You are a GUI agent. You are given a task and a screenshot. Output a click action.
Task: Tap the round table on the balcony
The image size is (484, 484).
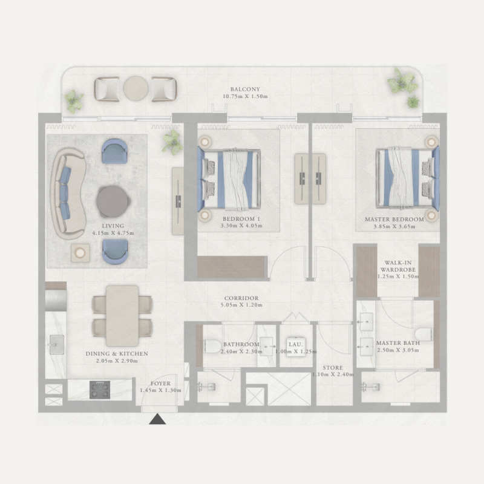136,89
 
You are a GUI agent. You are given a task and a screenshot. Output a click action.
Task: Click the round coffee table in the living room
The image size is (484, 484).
113,201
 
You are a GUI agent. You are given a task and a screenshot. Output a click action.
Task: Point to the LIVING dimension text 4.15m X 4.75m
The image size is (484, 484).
113,233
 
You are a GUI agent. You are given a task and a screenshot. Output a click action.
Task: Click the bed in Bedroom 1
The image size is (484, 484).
230,180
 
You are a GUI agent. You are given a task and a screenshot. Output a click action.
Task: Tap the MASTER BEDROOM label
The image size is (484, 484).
394,219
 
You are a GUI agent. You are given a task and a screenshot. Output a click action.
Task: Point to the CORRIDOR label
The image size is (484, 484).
241,298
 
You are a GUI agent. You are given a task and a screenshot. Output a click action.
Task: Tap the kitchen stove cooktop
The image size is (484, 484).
100,389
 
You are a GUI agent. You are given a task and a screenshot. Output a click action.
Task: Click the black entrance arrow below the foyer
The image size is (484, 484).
158,419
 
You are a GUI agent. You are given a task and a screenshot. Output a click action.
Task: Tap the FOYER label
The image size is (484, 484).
160,384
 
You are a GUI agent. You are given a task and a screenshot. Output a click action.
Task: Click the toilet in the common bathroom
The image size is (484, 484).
212,346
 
